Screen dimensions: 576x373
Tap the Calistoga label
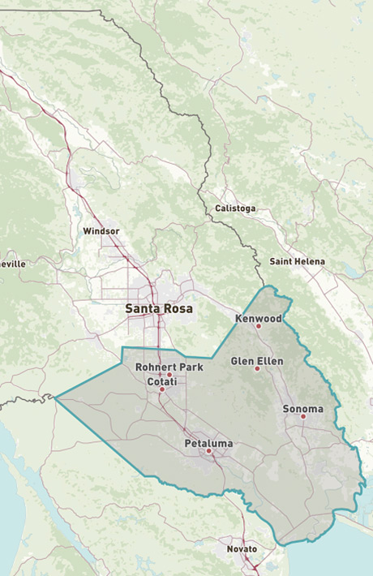[x=235, y=208]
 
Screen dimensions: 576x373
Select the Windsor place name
[x=101, y=231]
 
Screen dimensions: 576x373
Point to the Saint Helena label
[x=297, y=261]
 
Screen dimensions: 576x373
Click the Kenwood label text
[x=258, y=319]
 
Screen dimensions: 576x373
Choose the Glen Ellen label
[x=257, y=360]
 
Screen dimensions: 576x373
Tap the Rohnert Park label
[x=169, y=368]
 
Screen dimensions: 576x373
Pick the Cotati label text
[x=161, y=380]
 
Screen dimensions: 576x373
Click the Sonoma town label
[x=302, y=409]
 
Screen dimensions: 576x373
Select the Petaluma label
[x=208, y=443]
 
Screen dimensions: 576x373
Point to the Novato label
[x=241, y=549]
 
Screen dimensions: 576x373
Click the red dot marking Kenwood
[x=259, y=327]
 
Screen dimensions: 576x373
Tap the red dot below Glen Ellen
[x=257, y=369]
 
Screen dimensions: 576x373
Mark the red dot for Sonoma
[x=303, y=417]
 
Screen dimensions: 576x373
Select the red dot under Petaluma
[x=208, y=451]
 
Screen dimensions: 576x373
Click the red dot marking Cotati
[x=161, y=389]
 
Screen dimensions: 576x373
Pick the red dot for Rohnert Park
[x=169, y=375]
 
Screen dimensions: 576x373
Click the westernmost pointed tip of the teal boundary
[x=55, y=397]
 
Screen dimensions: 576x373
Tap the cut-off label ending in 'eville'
[x=13, y=264]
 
